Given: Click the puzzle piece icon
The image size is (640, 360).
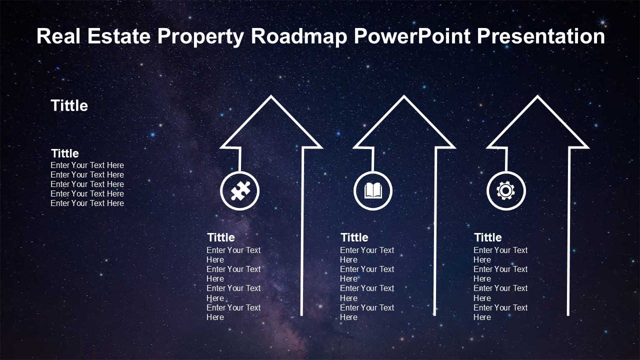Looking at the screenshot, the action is click(x=240, y=190).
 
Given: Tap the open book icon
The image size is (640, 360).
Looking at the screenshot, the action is click(x=373, y=191).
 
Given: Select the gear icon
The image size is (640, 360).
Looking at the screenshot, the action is click(x=505, y=190).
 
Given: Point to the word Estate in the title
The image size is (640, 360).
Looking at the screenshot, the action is click(x=118, y=36).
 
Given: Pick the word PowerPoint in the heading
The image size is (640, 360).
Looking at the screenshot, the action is click(x=412, y=36).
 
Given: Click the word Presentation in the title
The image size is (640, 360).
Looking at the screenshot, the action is click(x=541, y=36).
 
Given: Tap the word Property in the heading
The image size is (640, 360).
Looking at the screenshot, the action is click(x=200, y=37).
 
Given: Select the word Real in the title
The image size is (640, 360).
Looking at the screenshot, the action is click(x=58, y=36).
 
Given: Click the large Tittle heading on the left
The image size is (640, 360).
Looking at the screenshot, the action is click(x=69, y=105).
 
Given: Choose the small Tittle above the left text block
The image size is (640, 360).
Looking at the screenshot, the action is click(x=65, y=153).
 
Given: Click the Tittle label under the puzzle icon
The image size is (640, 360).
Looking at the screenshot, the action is click(x=221, y=237).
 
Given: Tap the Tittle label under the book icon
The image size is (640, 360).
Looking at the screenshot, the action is click(x=354, y=237).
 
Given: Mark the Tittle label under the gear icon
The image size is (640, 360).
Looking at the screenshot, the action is click(x=487, y=237).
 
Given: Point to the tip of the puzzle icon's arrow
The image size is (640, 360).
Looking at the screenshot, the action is click(x=271, y=96).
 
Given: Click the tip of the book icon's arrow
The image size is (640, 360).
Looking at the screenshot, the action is click(x=404, y=96).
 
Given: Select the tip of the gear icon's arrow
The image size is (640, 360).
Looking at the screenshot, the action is click(x=537, y=96).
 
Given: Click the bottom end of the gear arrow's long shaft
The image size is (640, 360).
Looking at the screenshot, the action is click(x=568, y=315).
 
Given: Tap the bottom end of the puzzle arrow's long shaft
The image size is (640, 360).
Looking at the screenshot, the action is click(x=301, y=315).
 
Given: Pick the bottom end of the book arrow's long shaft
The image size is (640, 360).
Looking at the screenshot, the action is click(x=434, y=315).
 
